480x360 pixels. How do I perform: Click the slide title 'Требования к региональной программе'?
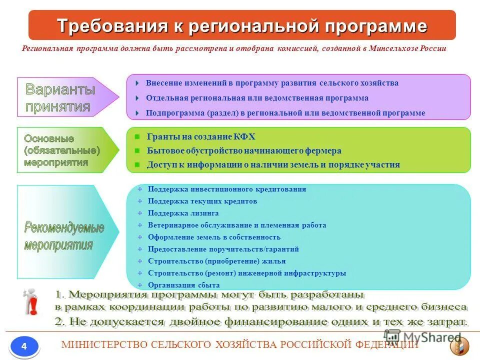click(242, 25)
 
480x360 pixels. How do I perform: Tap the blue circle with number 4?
click(24, 346)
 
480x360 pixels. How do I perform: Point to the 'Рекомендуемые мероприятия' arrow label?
click(64, 236)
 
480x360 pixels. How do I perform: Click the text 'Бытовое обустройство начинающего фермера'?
click(244, 150)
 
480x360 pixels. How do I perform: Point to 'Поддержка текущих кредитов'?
click(202, 201)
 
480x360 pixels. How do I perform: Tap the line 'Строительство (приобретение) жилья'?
click(216, 261)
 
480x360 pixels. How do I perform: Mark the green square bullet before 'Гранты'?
click(137, 136)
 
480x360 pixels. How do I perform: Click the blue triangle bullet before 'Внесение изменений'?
click(137, 83)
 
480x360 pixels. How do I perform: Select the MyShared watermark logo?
click(423, 337)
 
